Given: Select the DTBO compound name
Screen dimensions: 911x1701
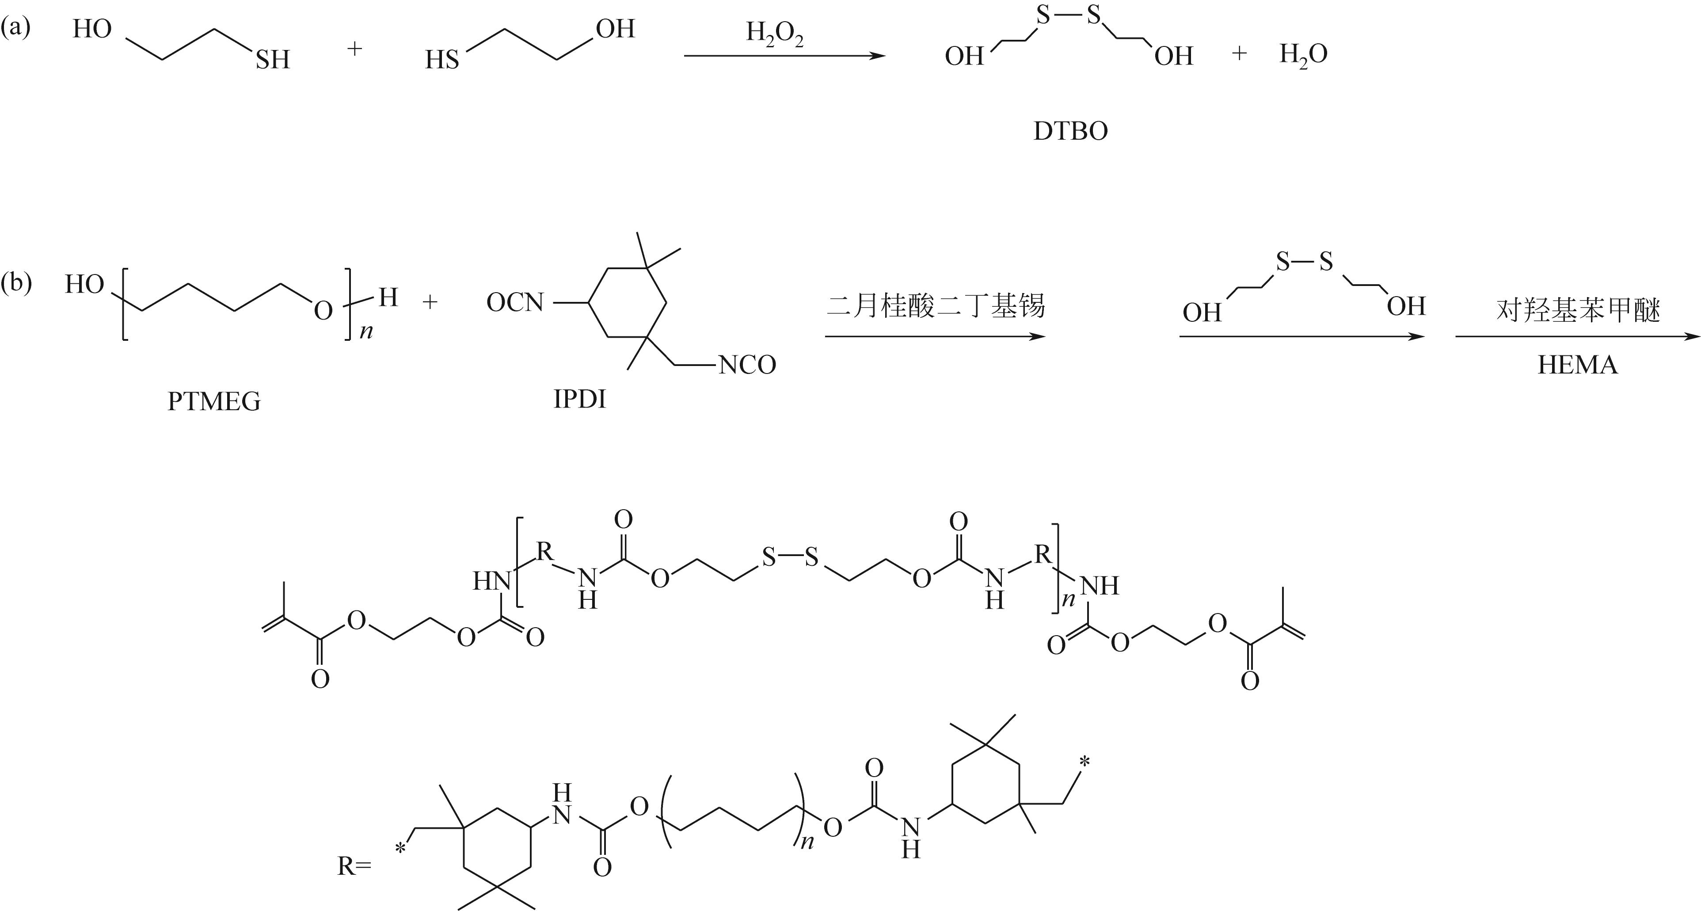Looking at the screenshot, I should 1070,131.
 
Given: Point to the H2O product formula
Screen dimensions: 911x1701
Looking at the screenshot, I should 1303,55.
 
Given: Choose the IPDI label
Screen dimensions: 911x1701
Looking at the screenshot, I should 579,399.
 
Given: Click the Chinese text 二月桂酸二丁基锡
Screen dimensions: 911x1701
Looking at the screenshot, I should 935,306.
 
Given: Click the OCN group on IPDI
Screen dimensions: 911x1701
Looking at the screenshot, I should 515,303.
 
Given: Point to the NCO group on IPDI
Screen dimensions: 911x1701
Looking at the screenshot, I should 747,365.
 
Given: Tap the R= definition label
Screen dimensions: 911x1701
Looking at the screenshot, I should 354,866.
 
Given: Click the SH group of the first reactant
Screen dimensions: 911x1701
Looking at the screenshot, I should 273,60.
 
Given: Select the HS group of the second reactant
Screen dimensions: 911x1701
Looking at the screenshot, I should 442,60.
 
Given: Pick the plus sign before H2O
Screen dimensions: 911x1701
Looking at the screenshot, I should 1239,53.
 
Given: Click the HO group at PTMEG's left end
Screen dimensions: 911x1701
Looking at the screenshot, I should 84,285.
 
